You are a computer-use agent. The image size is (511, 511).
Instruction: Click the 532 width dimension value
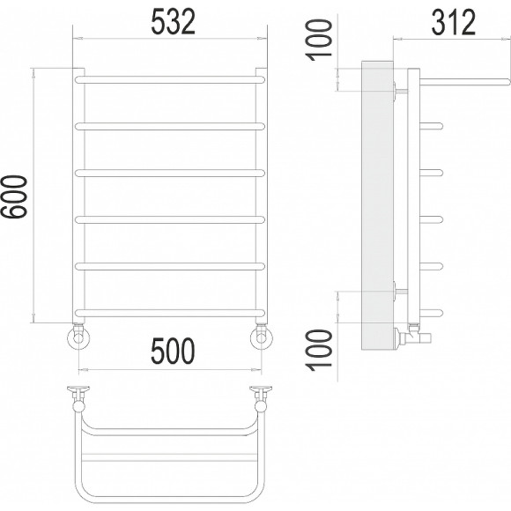click(174, 22)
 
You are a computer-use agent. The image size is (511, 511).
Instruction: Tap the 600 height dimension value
click(14, 196)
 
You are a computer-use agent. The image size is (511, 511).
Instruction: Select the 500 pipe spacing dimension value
click(173, 351)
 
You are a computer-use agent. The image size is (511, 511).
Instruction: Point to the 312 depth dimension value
click(454, 22)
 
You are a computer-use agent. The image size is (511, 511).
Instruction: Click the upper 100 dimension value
click(319, 40)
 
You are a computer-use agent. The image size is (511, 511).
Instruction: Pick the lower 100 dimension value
click(319, 351)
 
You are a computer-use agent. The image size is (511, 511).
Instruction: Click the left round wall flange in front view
click(78, 338)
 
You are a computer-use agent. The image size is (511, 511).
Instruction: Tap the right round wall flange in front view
click(262, 338)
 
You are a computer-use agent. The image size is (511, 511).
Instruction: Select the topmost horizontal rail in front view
click(170, 80)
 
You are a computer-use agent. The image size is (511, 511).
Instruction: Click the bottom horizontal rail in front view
click(170, 313)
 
